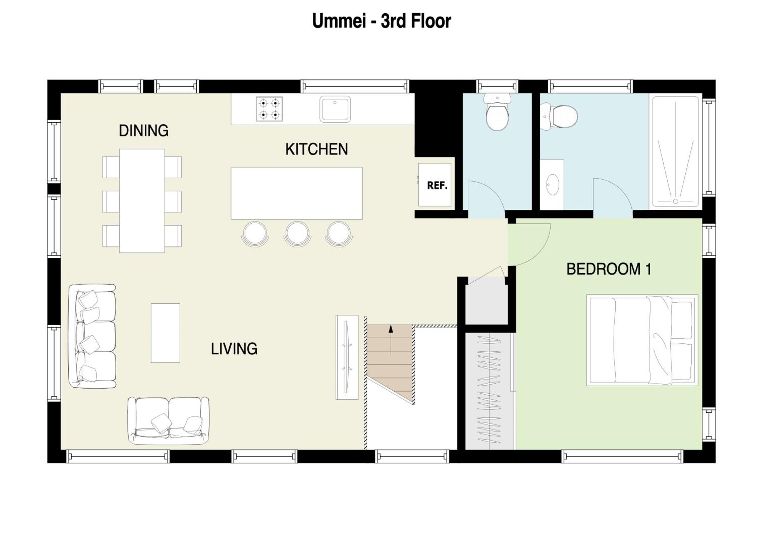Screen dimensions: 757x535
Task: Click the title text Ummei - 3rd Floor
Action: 382,21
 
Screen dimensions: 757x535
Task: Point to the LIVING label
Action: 234,349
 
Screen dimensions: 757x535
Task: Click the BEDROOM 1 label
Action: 609,269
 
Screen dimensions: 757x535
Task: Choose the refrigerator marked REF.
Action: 435,184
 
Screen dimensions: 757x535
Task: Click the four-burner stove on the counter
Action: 269,109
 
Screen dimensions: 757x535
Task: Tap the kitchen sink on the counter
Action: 335,109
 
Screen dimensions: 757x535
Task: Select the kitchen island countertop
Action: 297,193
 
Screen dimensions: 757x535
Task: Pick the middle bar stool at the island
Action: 298,233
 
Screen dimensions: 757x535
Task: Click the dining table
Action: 142,201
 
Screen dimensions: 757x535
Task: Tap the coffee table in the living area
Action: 166,333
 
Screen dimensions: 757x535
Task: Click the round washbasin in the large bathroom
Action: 553,184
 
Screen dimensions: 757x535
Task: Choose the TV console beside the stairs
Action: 347,357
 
